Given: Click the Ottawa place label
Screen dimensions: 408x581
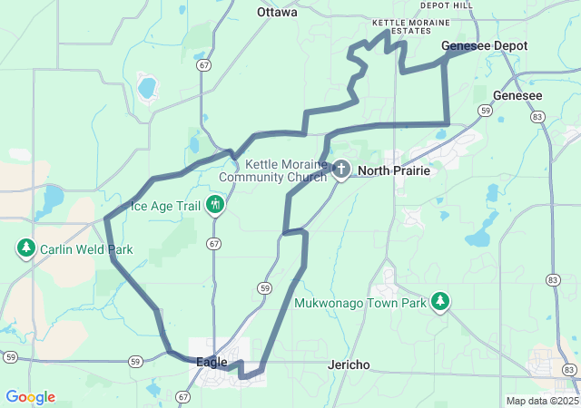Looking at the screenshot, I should tap(277, 12).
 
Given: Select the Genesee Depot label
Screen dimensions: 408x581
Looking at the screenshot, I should tap(484, 45).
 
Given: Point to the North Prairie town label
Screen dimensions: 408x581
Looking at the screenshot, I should tap(393, 170).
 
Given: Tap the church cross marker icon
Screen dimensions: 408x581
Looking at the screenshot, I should tap(341, 169).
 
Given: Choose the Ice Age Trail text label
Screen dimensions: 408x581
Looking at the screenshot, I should tap(165, 206).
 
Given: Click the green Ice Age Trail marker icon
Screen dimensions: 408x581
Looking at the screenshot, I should tap(216, 205).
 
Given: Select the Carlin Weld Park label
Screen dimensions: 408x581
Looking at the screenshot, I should tap(87, 249).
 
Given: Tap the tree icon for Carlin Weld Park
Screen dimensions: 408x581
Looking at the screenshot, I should tap(26, 248).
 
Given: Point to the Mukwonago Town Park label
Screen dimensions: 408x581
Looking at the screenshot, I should tap(359, 303).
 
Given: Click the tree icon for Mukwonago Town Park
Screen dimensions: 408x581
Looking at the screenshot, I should tap(440, 300).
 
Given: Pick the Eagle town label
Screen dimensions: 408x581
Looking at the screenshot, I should tap(212, 362).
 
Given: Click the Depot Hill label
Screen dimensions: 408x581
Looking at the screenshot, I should tap(447, 5).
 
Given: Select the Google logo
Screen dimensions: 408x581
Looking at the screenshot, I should tap(30, 397).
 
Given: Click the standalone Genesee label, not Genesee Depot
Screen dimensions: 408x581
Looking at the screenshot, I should tap(517, 95).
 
